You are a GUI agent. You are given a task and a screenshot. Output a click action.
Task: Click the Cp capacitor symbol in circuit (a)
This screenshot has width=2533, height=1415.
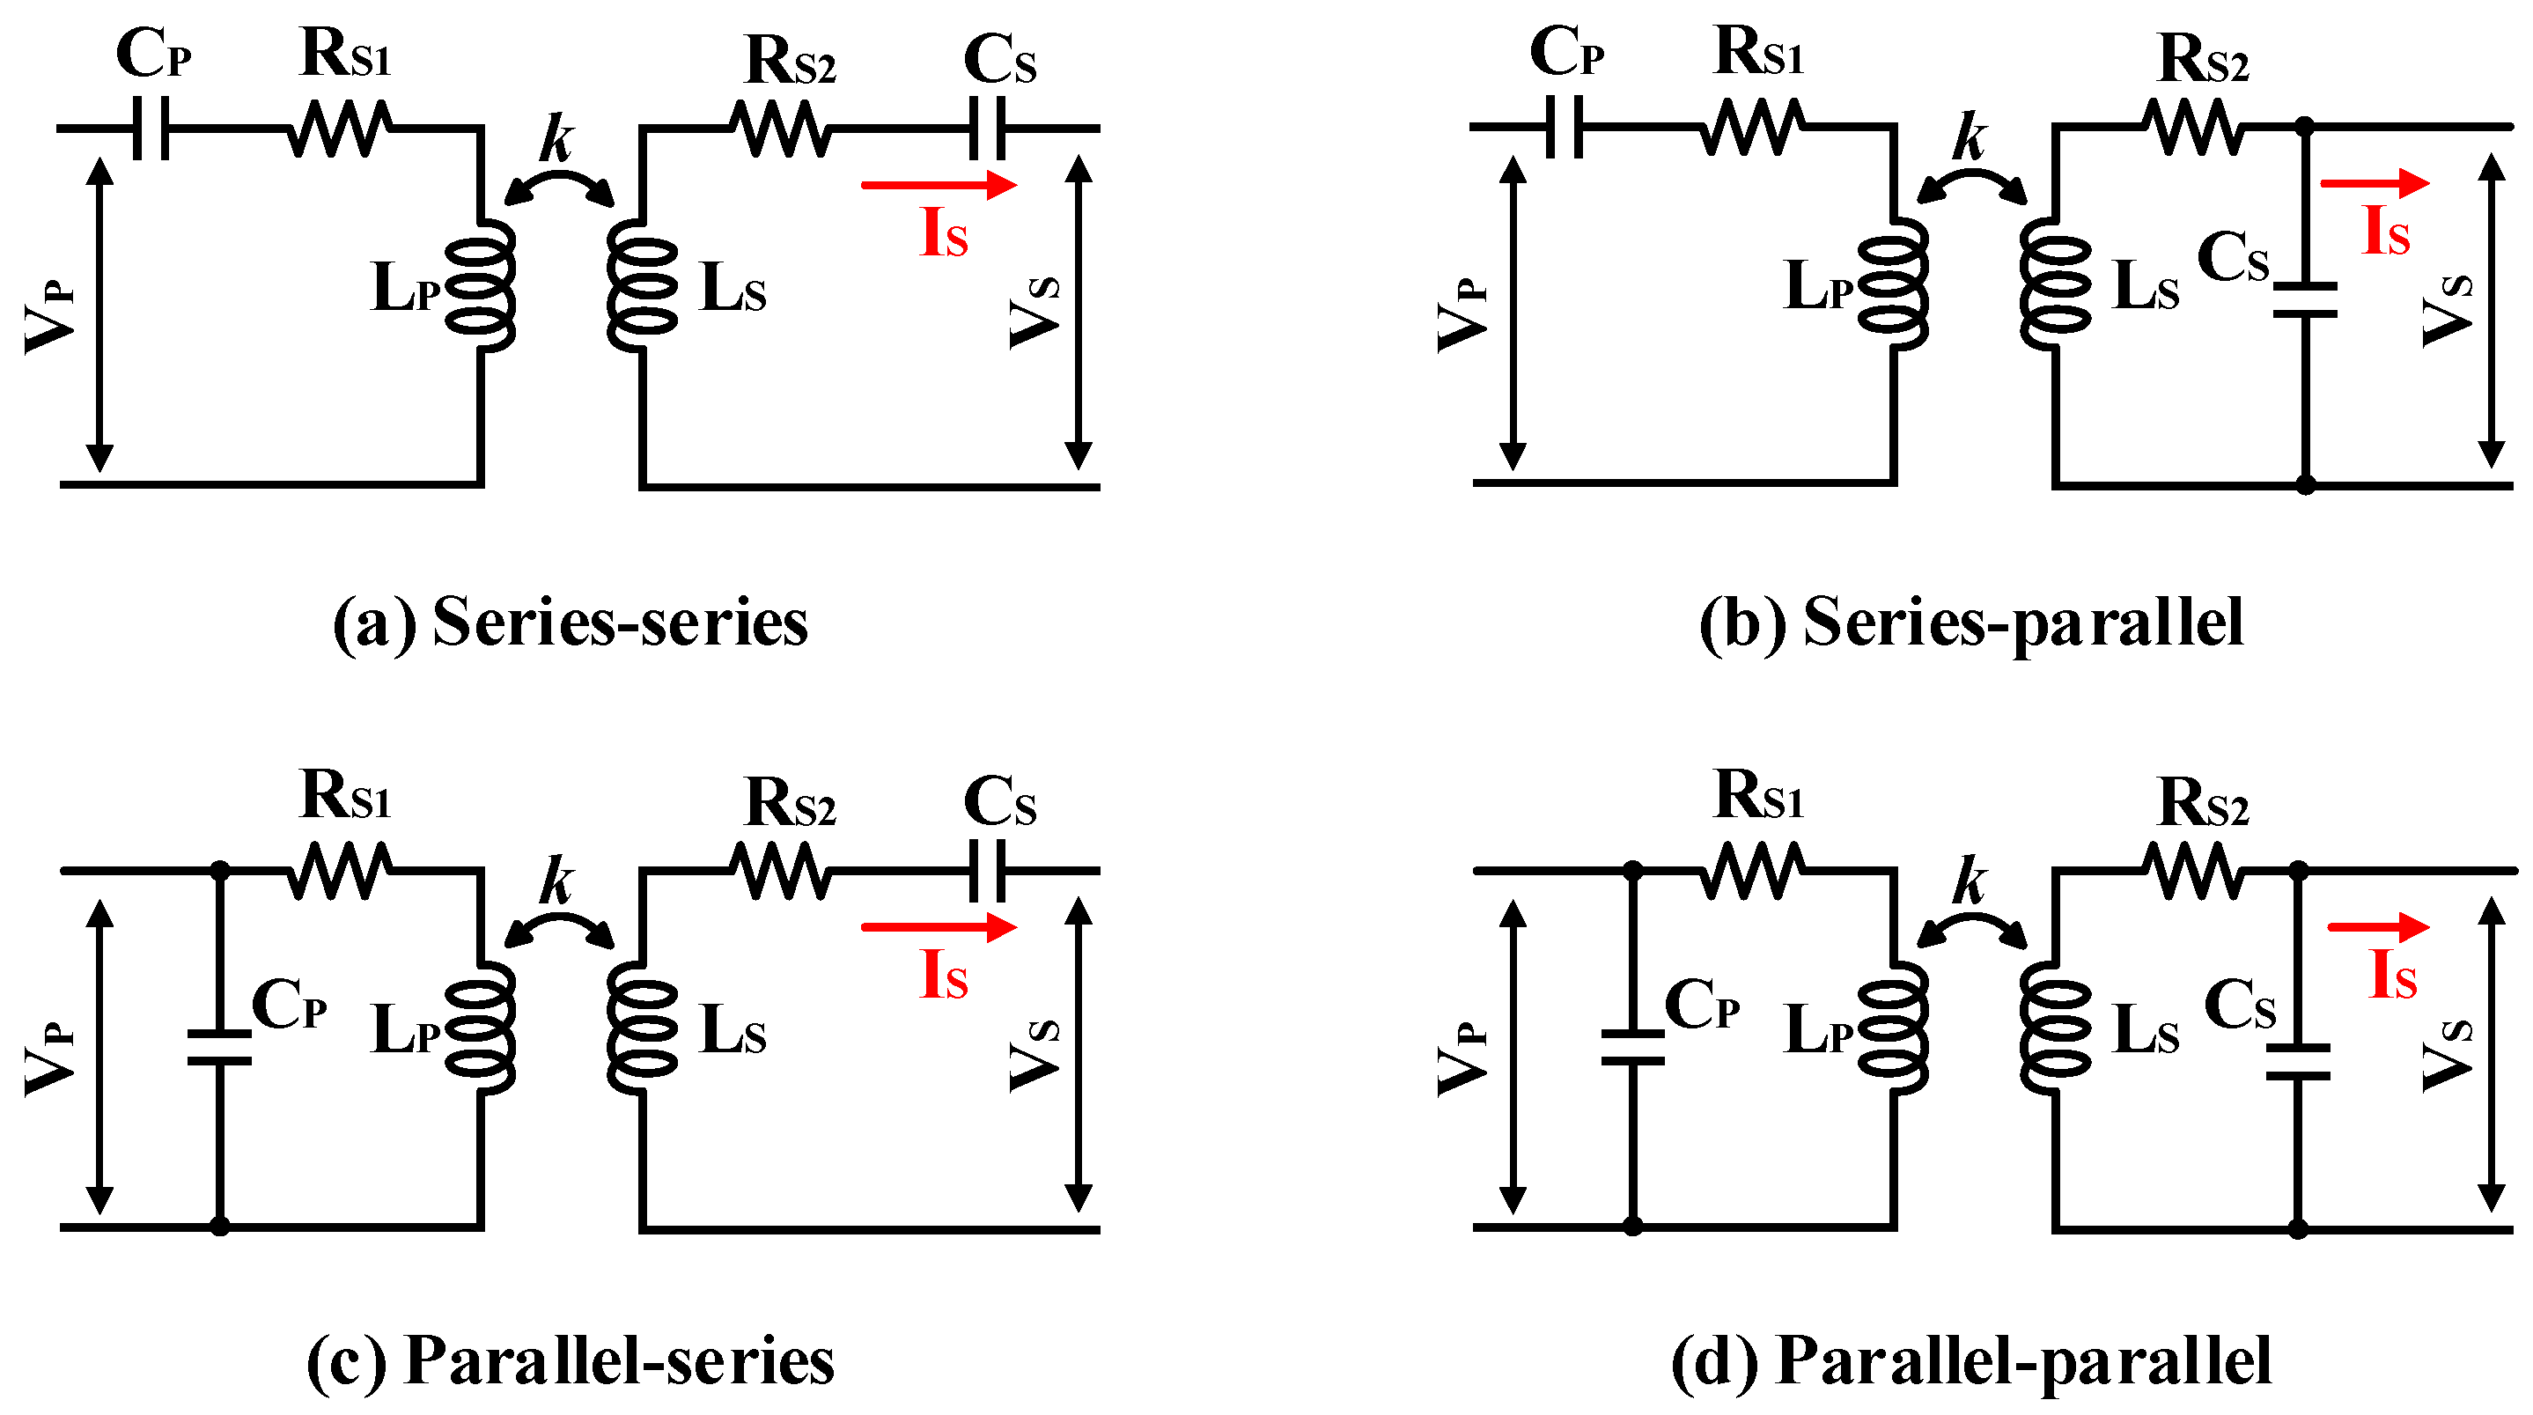[x=151, y=128]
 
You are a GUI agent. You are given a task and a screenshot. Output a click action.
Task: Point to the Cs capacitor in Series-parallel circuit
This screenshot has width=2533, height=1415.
[x=2304, y=300]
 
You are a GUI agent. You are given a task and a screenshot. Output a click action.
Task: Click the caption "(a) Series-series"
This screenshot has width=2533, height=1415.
[x=571, y=623]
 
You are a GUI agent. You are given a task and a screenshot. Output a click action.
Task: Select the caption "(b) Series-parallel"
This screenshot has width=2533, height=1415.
[x=1970, y=623]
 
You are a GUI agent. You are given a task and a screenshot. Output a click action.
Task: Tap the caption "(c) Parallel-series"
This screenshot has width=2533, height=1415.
[x=571, y=1362]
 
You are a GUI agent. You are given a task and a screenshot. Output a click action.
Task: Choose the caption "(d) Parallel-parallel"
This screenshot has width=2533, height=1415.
[x=1970, y=1363]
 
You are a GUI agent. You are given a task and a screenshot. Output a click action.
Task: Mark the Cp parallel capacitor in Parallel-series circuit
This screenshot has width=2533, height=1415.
[x=219, y=1048]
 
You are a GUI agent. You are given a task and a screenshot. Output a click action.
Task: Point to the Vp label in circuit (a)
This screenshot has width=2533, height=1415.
[x=49, y=314]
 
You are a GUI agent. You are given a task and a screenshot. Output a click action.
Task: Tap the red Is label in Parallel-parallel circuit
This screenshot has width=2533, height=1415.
[x=2393, y=976]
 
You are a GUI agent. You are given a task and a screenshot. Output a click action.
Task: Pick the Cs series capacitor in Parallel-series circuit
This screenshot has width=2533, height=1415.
[x=987, y=870]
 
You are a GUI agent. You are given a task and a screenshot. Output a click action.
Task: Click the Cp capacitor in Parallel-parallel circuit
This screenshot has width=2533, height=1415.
[x=1632, y=1048]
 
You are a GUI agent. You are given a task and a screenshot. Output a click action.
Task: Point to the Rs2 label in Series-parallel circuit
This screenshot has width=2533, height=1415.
[x=2204, y=60]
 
